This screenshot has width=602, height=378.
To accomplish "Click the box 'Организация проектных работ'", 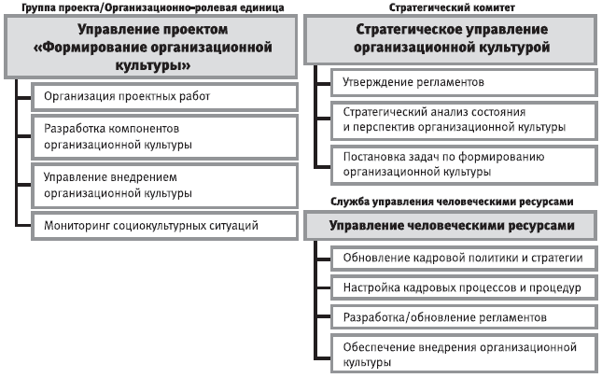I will (163, 96).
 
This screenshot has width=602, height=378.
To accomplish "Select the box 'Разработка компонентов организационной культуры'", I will (163, 135).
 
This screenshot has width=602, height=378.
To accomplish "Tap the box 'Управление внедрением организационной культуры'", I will (163, 184).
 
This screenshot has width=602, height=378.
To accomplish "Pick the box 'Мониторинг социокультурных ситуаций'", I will (163, 224).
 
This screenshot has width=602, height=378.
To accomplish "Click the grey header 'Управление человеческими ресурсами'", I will (451, 226).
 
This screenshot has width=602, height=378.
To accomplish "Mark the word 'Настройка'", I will (371, 287).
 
